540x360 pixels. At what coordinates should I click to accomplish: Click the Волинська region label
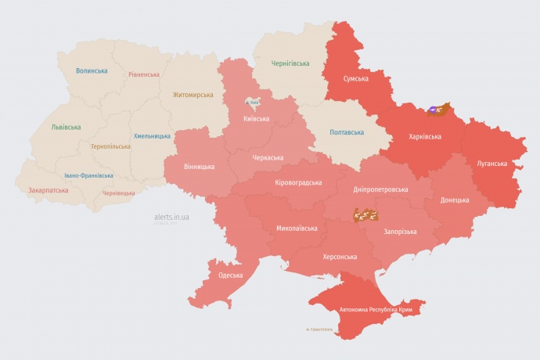[x=92, y=71]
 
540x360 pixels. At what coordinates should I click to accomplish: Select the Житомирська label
[x=193, y=95]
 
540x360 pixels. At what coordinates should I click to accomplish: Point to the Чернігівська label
[x=290, y=63]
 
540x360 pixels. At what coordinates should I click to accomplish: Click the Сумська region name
[x=356, y=78]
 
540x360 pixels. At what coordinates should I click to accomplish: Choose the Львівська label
[x=66, y=127]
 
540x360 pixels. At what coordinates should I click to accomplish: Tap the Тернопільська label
[x=111, y=146]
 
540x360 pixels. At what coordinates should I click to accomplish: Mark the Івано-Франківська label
[x=88, y=175]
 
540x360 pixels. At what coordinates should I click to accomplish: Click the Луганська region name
[x=491, y=164]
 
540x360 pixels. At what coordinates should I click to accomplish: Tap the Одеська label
[x=230, y=275]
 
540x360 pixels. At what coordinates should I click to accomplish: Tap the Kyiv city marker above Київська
[x=253, y=103]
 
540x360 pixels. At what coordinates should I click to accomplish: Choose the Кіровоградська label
[x=298, y=182]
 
